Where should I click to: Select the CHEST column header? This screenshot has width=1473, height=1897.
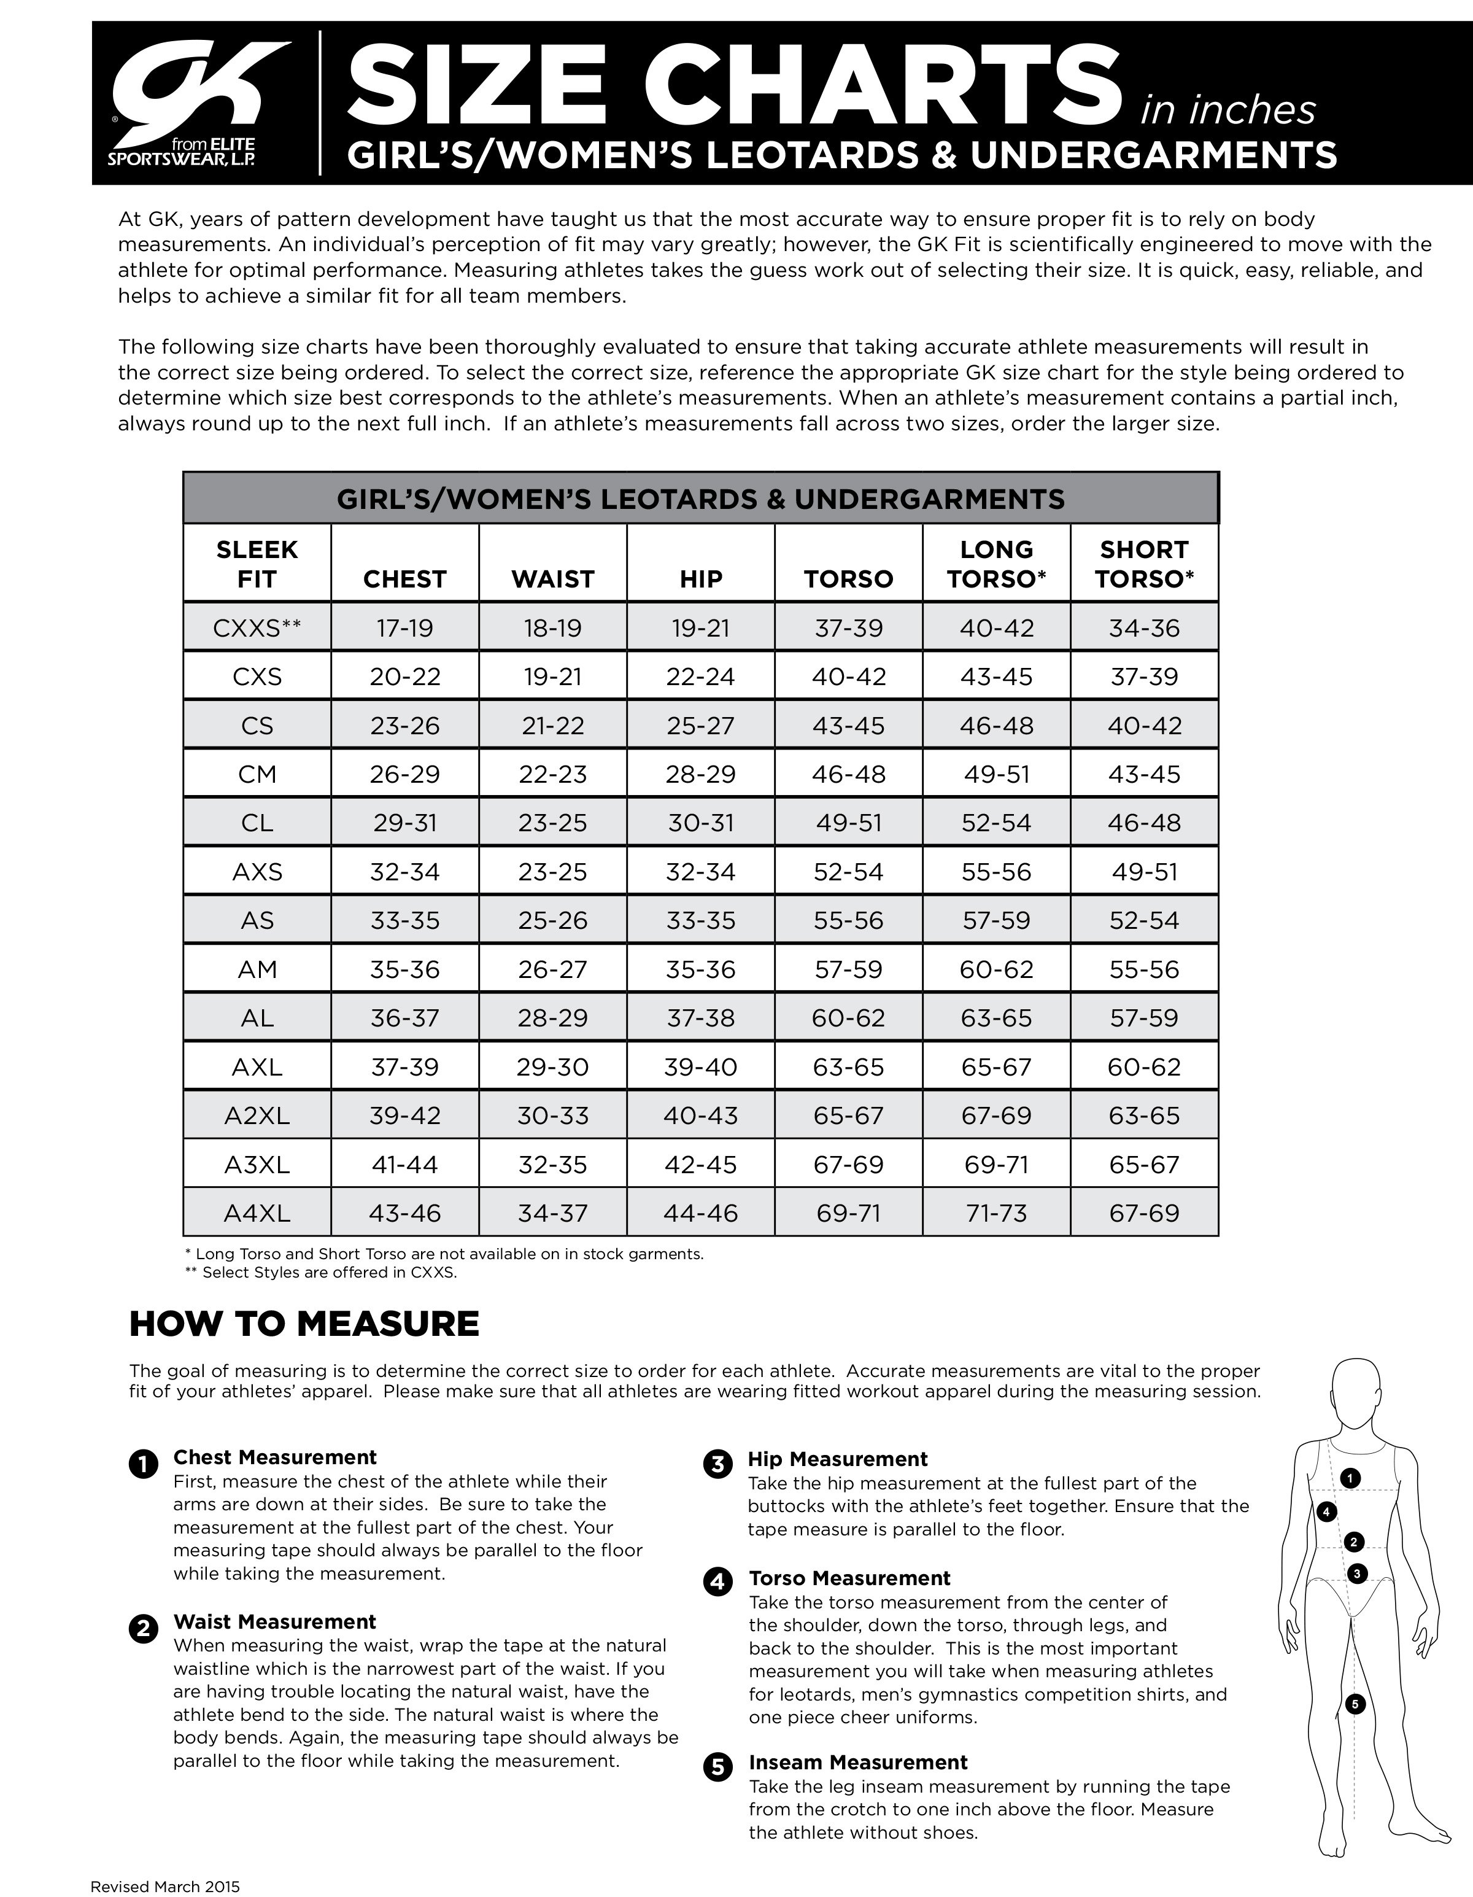pyautogui.click(x=404, y=578)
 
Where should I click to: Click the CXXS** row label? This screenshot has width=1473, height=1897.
pyautogui.click(x=257, y=627)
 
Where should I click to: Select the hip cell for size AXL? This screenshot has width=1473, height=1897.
pyautogui.click(x=700, y=1066)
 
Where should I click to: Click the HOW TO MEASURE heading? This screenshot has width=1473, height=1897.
pyautogui.click(x=304, y=1324)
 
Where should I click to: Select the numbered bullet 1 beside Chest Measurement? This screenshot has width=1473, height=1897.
pyautogui.click(x=143, y=1464)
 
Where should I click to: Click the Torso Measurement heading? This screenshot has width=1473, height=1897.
pyautogui.click(x=849, y=1578)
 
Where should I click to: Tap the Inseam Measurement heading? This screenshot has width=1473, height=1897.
pyautogui.click(x=858, y=1763)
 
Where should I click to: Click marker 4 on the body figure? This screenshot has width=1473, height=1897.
pyautogui.click(x=1325, y=1511)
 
